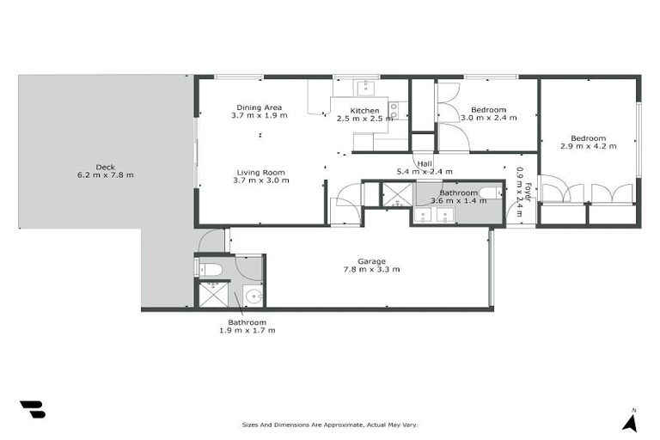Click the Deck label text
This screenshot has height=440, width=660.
click(x=105, y=168)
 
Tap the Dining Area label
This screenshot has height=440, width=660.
click(x=259, y=107)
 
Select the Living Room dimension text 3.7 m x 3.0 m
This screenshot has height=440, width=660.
click(x=260, y=180)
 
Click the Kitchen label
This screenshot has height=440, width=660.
click(x=364, y=110)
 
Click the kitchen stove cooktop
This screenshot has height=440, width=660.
click(x=393, y=109)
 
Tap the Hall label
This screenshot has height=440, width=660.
click(x=424, y=163)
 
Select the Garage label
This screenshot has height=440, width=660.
click(x=371, y=261)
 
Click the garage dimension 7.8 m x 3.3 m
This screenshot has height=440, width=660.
click(x=371, y=269)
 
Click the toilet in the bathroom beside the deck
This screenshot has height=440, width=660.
click(x=211, y=269)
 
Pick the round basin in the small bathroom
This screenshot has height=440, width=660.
click(x=252, y=296)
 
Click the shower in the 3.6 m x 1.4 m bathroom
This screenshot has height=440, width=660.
click(x=396, y=195)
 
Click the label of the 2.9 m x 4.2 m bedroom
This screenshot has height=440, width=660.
click(x=589, y=138)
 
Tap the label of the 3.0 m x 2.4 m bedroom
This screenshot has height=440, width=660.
click(x=488, y=110)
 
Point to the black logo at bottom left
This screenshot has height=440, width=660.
click(x=32, y=410)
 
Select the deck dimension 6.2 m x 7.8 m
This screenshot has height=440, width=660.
click(x=105, y=175)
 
